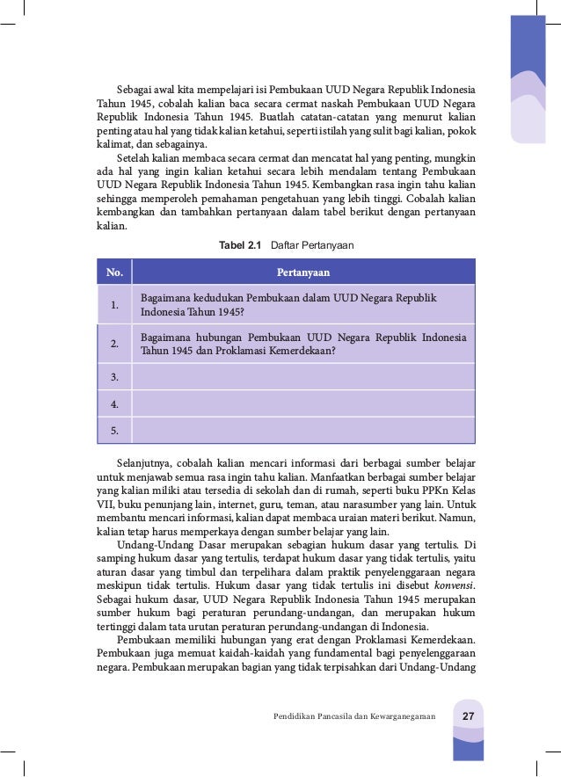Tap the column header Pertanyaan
[302, 272]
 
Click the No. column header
[114, 272]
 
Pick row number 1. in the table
[114, 305]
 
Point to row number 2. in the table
[114, 344]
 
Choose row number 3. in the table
[114, 377]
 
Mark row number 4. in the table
[114, 404]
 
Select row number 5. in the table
[114, 431]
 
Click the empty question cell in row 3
[302, 377]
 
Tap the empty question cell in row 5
[302, 431]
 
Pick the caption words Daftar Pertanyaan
[312, 245]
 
